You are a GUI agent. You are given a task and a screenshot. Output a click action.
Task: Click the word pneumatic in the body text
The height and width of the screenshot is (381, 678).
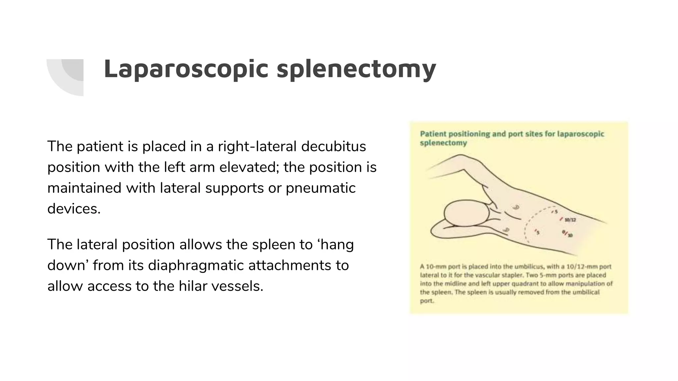[320, 188]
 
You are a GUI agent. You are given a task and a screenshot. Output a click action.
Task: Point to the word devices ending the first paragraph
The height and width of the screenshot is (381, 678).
[73, 209]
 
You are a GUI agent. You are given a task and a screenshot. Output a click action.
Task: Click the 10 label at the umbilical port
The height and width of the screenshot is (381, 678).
[570, 235]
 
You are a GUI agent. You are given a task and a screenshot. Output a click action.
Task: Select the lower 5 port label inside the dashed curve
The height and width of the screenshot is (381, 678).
[538, 233]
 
